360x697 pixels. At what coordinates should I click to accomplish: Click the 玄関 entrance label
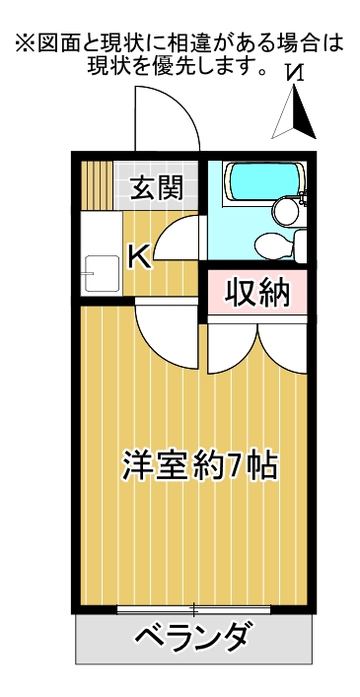[x=157, y=188]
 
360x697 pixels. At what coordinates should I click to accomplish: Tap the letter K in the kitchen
[x=140, y=256]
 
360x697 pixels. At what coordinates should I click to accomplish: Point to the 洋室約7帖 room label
[x=200, y=466]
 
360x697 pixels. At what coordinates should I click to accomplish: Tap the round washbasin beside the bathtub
[x=285, y=211]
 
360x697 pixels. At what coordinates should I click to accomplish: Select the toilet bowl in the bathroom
[x=274, y=245]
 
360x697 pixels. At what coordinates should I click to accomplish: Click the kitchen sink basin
[x=103, y=273]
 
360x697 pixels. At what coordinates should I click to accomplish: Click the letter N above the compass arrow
[x=295, y=72]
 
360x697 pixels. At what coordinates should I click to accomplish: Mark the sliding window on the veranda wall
[x=193, y=609]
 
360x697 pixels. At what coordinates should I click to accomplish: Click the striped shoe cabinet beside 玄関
[x=97, y=185]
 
